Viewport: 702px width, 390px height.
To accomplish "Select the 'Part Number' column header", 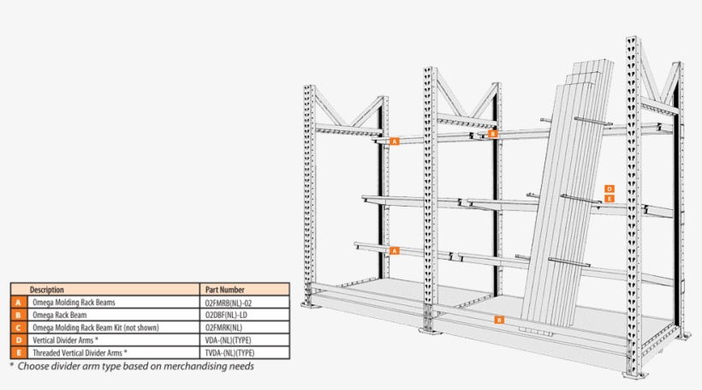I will [225, 290].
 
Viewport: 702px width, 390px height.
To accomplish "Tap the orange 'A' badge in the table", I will [19, 303].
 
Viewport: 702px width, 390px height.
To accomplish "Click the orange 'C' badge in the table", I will [19, 327].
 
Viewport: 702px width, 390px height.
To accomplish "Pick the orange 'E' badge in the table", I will [19, 352].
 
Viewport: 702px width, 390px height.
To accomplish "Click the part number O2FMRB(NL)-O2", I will [229, 303].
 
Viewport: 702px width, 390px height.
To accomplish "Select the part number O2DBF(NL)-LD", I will [227, 315].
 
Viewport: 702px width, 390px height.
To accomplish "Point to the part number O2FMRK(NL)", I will [224, 327].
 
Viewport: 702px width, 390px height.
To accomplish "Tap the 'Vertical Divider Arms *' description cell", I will [70, 340].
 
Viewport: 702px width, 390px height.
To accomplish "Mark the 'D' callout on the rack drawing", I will [609, 189].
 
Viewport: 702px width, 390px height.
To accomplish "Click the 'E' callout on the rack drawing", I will [609, 198].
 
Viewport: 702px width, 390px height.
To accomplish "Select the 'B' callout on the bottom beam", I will [499, 319].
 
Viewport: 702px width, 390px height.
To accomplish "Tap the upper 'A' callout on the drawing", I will [395, 141].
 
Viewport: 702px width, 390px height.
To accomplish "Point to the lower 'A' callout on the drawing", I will [395, 250].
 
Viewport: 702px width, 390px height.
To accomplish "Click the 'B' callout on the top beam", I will [492, 134].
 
